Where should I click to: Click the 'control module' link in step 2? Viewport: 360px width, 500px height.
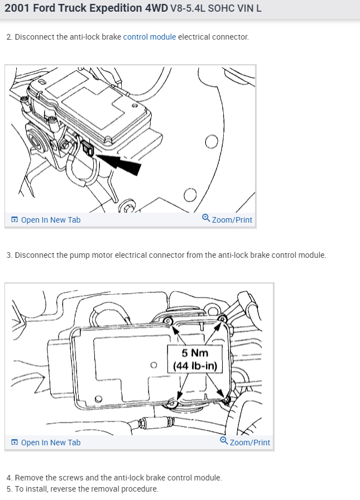[x=149, y=37]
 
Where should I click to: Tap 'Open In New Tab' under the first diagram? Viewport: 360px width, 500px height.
[x=50, y=220]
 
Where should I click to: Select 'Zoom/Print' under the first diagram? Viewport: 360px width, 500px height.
[x=232, y=220]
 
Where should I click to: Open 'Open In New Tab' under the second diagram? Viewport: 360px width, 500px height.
[x=50, y=443]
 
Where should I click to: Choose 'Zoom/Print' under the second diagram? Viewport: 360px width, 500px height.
[x=249, y=443]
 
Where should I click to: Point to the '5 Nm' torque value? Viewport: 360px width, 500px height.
[x=195, y=353]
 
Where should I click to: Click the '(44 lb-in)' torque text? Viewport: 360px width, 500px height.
[x=195, y=366]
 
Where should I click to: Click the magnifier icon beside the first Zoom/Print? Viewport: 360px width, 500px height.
[x=206, y=219]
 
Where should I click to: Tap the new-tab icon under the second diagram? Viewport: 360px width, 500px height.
[x=15, y=443]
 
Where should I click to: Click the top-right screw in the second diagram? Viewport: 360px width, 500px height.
[x=222, y=319]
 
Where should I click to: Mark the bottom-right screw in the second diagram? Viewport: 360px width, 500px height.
[x=227, y=400]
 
